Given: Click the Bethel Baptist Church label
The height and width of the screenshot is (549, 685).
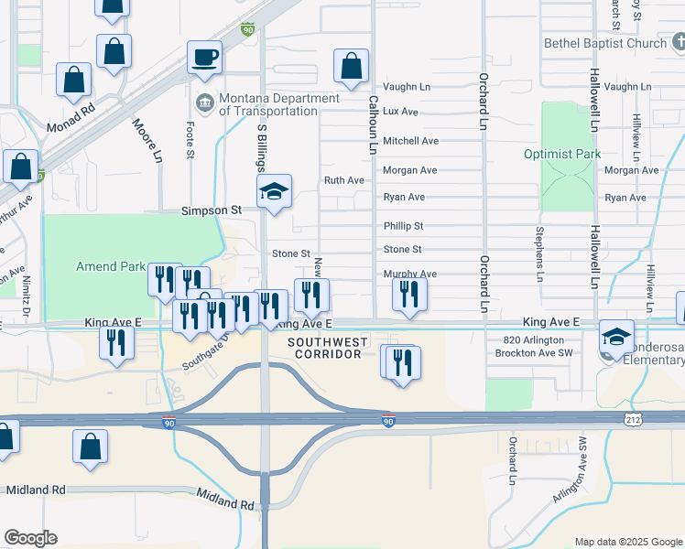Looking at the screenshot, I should (x=604, y=43).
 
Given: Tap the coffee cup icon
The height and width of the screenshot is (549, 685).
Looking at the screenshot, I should (x=205, y=57).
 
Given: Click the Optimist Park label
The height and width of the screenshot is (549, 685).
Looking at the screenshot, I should (x=562, y=154).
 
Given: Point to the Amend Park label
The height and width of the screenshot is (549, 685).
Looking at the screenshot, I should (x=109, y=266).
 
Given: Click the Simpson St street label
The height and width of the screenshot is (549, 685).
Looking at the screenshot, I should (x=211, y=210).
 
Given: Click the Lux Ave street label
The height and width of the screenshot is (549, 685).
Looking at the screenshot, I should (x=400, y=112).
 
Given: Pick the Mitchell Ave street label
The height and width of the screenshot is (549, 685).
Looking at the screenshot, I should (x=410, y=141).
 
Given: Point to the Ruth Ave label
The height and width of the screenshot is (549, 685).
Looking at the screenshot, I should (x=344, y=180).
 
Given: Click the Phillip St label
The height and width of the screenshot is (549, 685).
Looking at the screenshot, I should (x=403, y=225).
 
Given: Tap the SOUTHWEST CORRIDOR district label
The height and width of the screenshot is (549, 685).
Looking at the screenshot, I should (x=328, y=348).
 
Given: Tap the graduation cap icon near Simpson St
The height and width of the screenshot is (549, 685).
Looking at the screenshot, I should (x=274, y=193).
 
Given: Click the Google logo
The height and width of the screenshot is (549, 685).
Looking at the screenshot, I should (x=30, y=538).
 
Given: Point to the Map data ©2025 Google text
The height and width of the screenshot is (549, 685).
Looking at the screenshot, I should (x=627, y=542).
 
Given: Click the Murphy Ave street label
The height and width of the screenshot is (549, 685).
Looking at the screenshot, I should (x=409, y=274).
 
